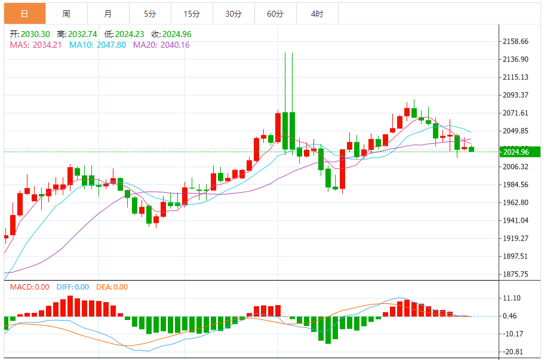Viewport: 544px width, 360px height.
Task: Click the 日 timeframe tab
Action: coord(24,14)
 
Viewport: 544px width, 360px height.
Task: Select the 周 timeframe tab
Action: coord(66,14)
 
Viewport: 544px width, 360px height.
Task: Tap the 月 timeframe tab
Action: coord(107,14)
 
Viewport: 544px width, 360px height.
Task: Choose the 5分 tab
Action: coord(149,14)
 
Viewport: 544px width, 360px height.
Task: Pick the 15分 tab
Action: coord(191,14)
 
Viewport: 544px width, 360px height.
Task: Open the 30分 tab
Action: coord(233,14)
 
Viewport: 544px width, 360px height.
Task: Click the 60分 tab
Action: coord(275,14)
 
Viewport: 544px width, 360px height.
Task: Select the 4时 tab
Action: coord(317,14)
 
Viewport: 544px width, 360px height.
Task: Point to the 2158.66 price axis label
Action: coord(516,41)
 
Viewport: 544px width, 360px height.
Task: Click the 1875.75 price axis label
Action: coord(516,274)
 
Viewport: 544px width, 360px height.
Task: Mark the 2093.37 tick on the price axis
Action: coord(516,95)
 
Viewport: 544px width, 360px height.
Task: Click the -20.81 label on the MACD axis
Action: coord(514,352)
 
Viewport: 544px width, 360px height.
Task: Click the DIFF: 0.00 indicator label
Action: coord(73,287)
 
